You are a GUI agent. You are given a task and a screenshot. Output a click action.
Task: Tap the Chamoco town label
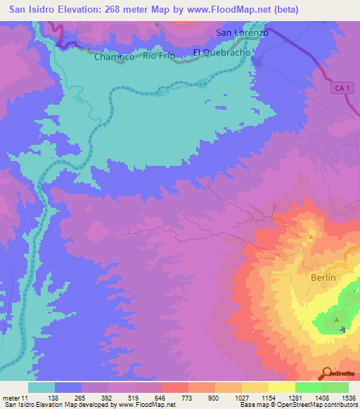pos(114,58)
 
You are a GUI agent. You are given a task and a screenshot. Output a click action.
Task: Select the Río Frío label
pos(158,56)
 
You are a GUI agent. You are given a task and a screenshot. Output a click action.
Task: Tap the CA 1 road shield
pos(342,86)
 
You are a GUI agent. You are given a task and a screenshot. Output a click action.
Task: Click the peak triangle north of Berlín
pos(311,238)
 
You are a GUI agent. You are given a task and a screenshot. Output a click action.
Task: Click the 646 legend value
pos(161,398)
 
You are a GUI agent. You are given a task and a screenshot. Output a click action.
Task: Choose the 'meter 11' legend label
pos(15,398)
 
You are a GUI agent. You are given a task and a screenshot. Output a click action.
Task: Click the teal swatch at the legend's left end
pos(41,387)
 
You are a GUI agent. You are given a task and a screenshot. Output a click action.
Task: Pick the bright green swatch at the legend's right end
pos(335,387)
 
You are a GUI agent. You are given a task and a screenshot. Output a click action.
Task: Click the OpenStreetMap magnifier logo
pos(326,372)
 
